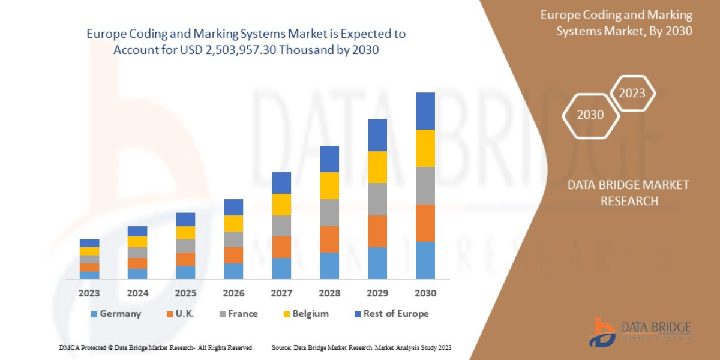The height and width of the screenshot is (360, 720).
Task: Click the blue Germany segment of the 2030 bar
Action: tap(425, 260)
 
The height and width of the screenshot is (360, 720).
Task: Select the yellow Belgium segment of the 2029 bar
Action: tap(377, 167)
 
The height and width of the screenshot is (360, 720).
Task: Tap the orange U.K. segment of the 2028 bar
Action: tap(329, 239)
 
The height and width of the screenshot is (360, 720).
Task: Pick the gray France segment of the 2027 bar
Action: tap(281, 226)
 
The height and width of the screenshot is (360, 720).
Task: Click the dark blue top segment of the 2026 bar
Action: tap(233, 207)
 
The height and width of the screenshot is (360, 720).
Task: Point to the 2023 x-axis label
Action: tap(89, 293)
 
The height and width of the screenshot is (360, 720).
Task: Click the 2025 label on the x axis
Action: tap(185, 293)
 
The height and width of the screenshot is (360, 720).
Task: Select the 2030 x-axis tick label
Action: tap(425, 293)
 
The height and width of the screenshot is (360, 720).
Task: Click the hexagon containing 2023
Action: tap(632, 93)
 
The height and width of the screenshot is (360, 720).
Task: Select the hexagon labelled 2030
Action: tap(590, 114)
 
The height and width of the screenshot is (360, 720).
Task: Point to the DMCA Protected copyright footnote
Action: tap(156, 347)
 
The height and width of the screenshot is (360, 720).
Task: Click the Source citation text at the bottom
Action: tap(361, 347)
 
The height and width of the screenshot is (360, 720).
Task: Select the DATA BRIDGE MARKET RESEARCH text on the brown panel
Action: tap(628, 193)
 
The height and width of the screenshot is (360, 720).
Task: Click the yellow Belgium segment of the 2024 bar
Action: tap(137, 242)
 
